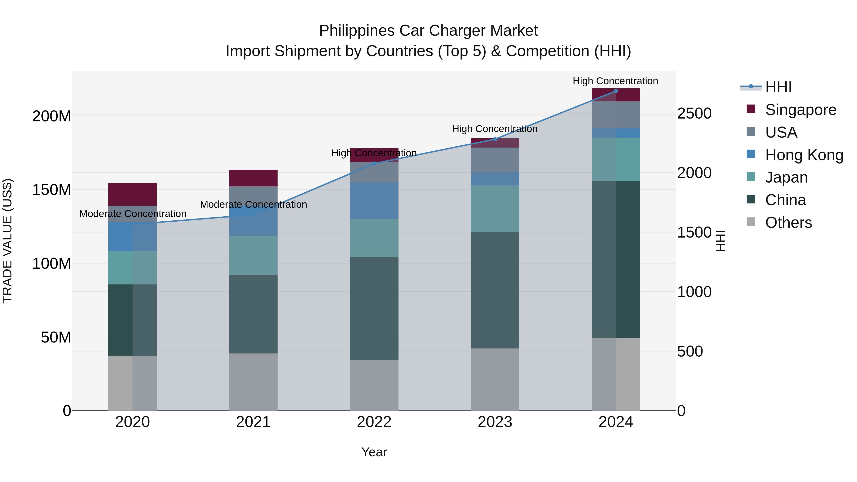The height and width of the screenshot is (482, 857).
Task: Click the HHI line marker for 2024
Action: point(615,91)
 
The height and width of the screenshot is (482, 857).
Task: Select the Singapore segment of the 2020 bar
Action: point(132,194)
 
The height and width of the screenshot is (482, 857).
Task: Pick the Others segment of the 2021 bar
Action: point(253,382)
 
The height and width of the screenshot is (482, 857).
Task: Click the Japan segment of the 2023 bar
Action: point(495,209)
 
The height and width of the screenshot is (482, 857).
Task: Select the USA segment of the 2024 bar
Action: point(615,115)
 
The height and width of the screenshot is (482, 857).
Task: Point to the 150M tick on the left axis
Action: point(52,190)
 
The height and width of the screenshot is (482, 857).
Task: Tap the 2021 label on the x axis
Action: point(253,422)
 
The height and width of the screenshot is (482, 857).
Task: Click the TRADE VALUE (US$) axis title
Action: point(7,241)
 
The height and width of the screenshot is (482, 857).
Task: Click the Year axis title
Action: point(374,452)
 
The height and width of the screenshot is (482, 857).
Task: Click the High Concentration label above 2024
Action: point(615,81)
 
